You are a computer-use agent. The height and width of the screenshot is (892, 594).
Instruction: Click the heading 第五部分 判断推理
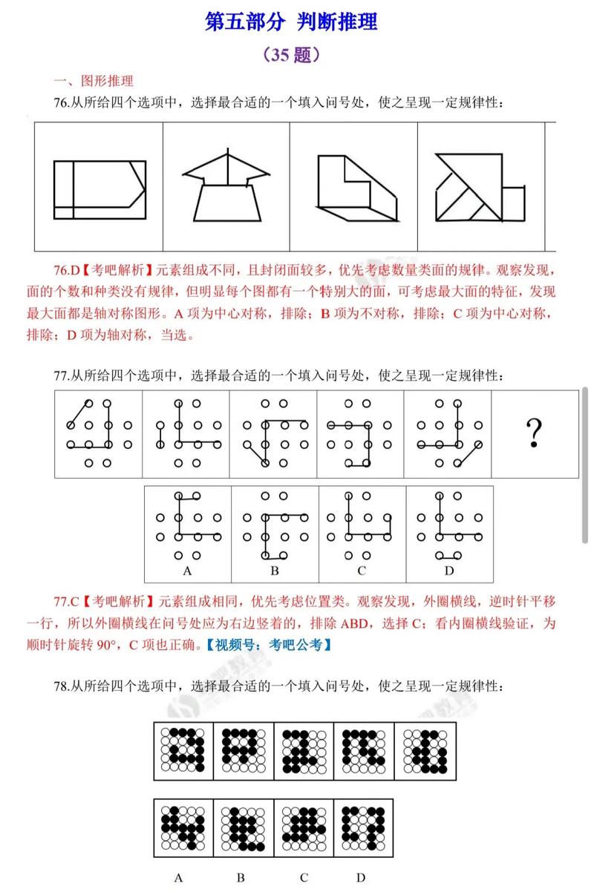tap(291, 22)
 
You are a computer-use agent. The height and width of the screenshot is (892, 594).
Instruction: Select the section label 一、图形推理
tap(93, 82)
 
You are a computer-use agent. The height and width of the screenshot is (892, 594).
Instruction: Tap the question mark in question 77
tap(532, 433)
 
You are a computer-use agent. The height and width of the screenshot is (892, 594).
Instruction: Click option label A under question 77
tap(187, 571)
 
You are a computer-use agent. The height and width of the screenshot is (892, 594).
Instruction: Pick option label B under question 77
tap(274, 571)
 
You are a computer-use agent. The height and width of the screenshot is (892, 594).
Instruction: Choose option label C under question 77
tap(362, 571)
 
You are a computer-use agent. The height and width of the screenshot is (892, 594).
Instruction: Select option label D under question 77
tap(448, 571)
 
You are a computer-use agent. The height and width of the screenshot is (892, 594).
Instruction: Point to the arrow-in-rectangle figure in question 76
tap(99, 189)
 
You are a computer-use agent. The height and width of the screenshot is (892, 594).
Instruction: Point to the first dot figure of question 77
tap(98, 433)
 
